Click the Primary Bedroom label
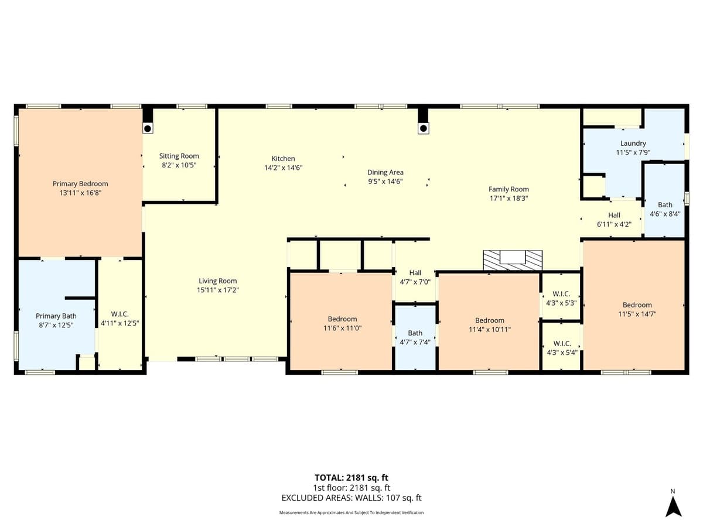(80, 184)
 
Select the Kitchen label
(283, 159)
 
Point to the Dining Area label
(385, 172)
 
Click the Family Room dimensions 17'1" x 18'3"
(509, 198)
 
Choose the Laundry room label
(633, 143)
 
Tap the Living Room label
(217, 281)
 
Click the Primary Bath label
(56, 316)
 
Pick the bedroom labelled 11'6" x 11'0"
(342, 320)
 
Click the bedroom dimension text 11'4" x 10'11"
(489, 329)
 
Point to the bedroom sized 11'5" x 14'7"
(637, 305)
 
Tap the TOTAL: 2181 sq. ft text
(351, 477)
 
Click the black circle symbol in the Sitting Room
(148, 128)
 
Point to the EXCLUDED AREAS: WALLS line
(351, 498)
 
